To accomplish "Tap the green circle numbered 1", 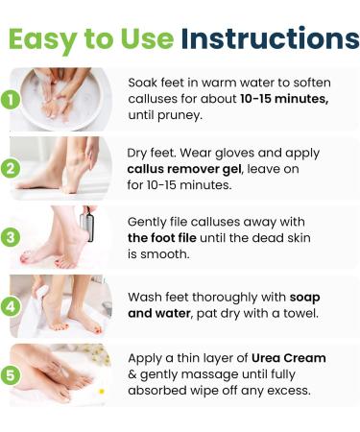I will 12,99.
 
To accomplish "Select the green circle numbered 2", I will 12,168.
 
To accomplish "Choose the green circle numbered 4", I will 12,306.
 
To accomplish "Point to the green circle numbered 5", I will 12,375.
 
